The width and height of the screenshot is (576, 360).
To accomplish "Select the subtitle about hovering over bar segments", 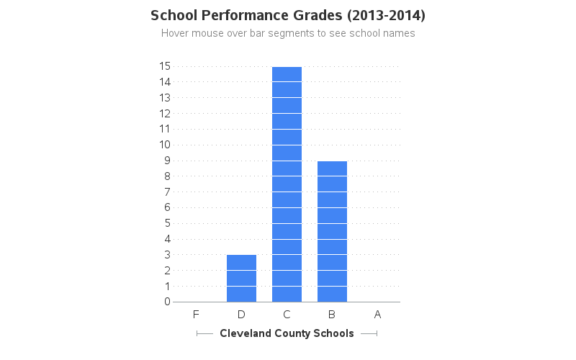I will click(288, 33).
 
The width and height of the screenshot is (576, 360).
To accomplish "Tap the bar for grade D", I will click(241, 278).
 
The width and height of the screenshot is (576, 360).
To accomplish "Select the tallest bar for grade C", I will click(287, 184).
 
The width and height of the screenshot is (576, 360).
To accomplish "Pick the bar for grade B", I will click(332, 231).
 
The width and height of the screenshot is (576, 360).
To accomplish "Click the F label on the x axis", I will click(196, 314).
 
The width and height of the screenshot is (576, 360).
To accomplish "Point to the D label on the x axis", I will click(241, 314).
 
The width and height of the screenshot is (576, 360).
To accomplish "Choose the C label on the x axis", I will click(287, 314).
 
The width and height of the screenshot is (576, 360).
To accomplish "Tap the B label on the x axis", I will click(332, 314).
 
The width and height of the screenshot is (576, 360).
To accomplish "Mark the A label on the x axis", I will click(377, 314).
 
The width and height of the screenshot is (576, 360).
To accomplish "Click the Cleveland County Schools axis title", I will click(287, 333).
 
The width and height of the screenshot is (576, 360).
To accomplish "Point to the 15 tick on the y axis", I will click(165, 66).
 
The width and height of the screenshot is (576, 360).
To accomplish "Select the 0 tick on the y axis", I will click(167, 302).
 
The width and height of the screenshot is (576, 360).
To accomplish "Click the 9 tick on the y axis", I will click(167, 161).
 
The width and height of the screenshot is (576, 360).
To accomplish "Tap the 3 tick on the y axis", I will click(167, 255).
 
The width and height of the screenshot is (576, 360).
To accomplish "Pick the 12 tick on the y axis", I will click(165, 113).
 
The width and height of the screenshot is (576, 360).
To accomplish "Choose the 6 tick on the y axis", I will click(167, 207).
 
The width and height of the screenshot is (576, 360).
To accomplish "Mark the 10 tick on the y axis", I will click(165, 145).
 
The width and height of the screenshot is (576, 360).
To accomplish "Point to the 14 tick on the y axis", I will click(165, 82).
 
